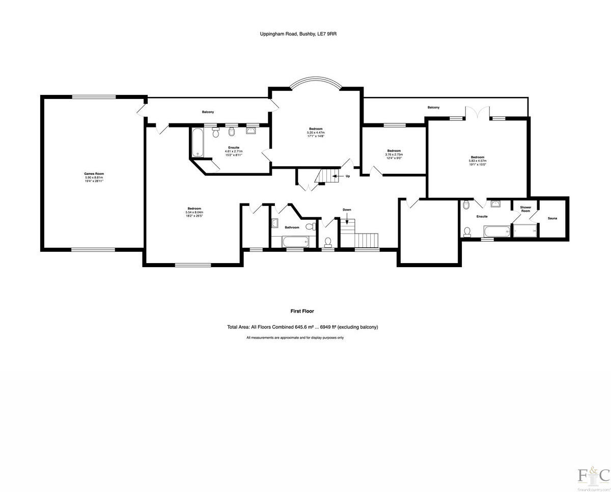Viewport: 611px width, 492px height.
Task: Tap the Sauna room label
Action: click(552, 218)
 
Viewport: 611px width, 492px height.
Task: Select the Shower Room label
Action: click(525, 209)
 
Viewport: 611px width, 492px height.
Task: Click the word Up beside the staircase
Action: click(348, 176)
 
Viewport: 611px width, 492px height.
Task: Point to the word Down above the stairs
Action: click(347, 210)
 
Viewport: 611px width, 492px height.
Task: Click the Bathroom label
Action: click(292, 227)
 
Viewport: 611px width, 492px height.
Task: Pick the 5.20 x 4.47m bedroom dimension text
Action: click(316, 133)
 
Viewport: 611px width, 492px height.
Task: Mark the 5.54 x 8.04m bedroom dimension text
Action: click(194, 212)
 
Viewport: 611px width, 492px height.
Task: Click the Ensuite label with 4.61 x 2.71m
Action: click(234, 147)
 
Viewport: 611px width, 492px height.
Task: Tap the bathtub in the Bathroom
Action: click(294, 241)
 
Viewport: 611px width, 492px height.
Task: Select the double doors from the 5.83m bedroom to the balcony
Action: click(478, 112)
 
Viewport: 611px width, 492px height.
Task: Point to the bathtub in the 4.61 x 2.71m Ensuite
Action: click(197, 142)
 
